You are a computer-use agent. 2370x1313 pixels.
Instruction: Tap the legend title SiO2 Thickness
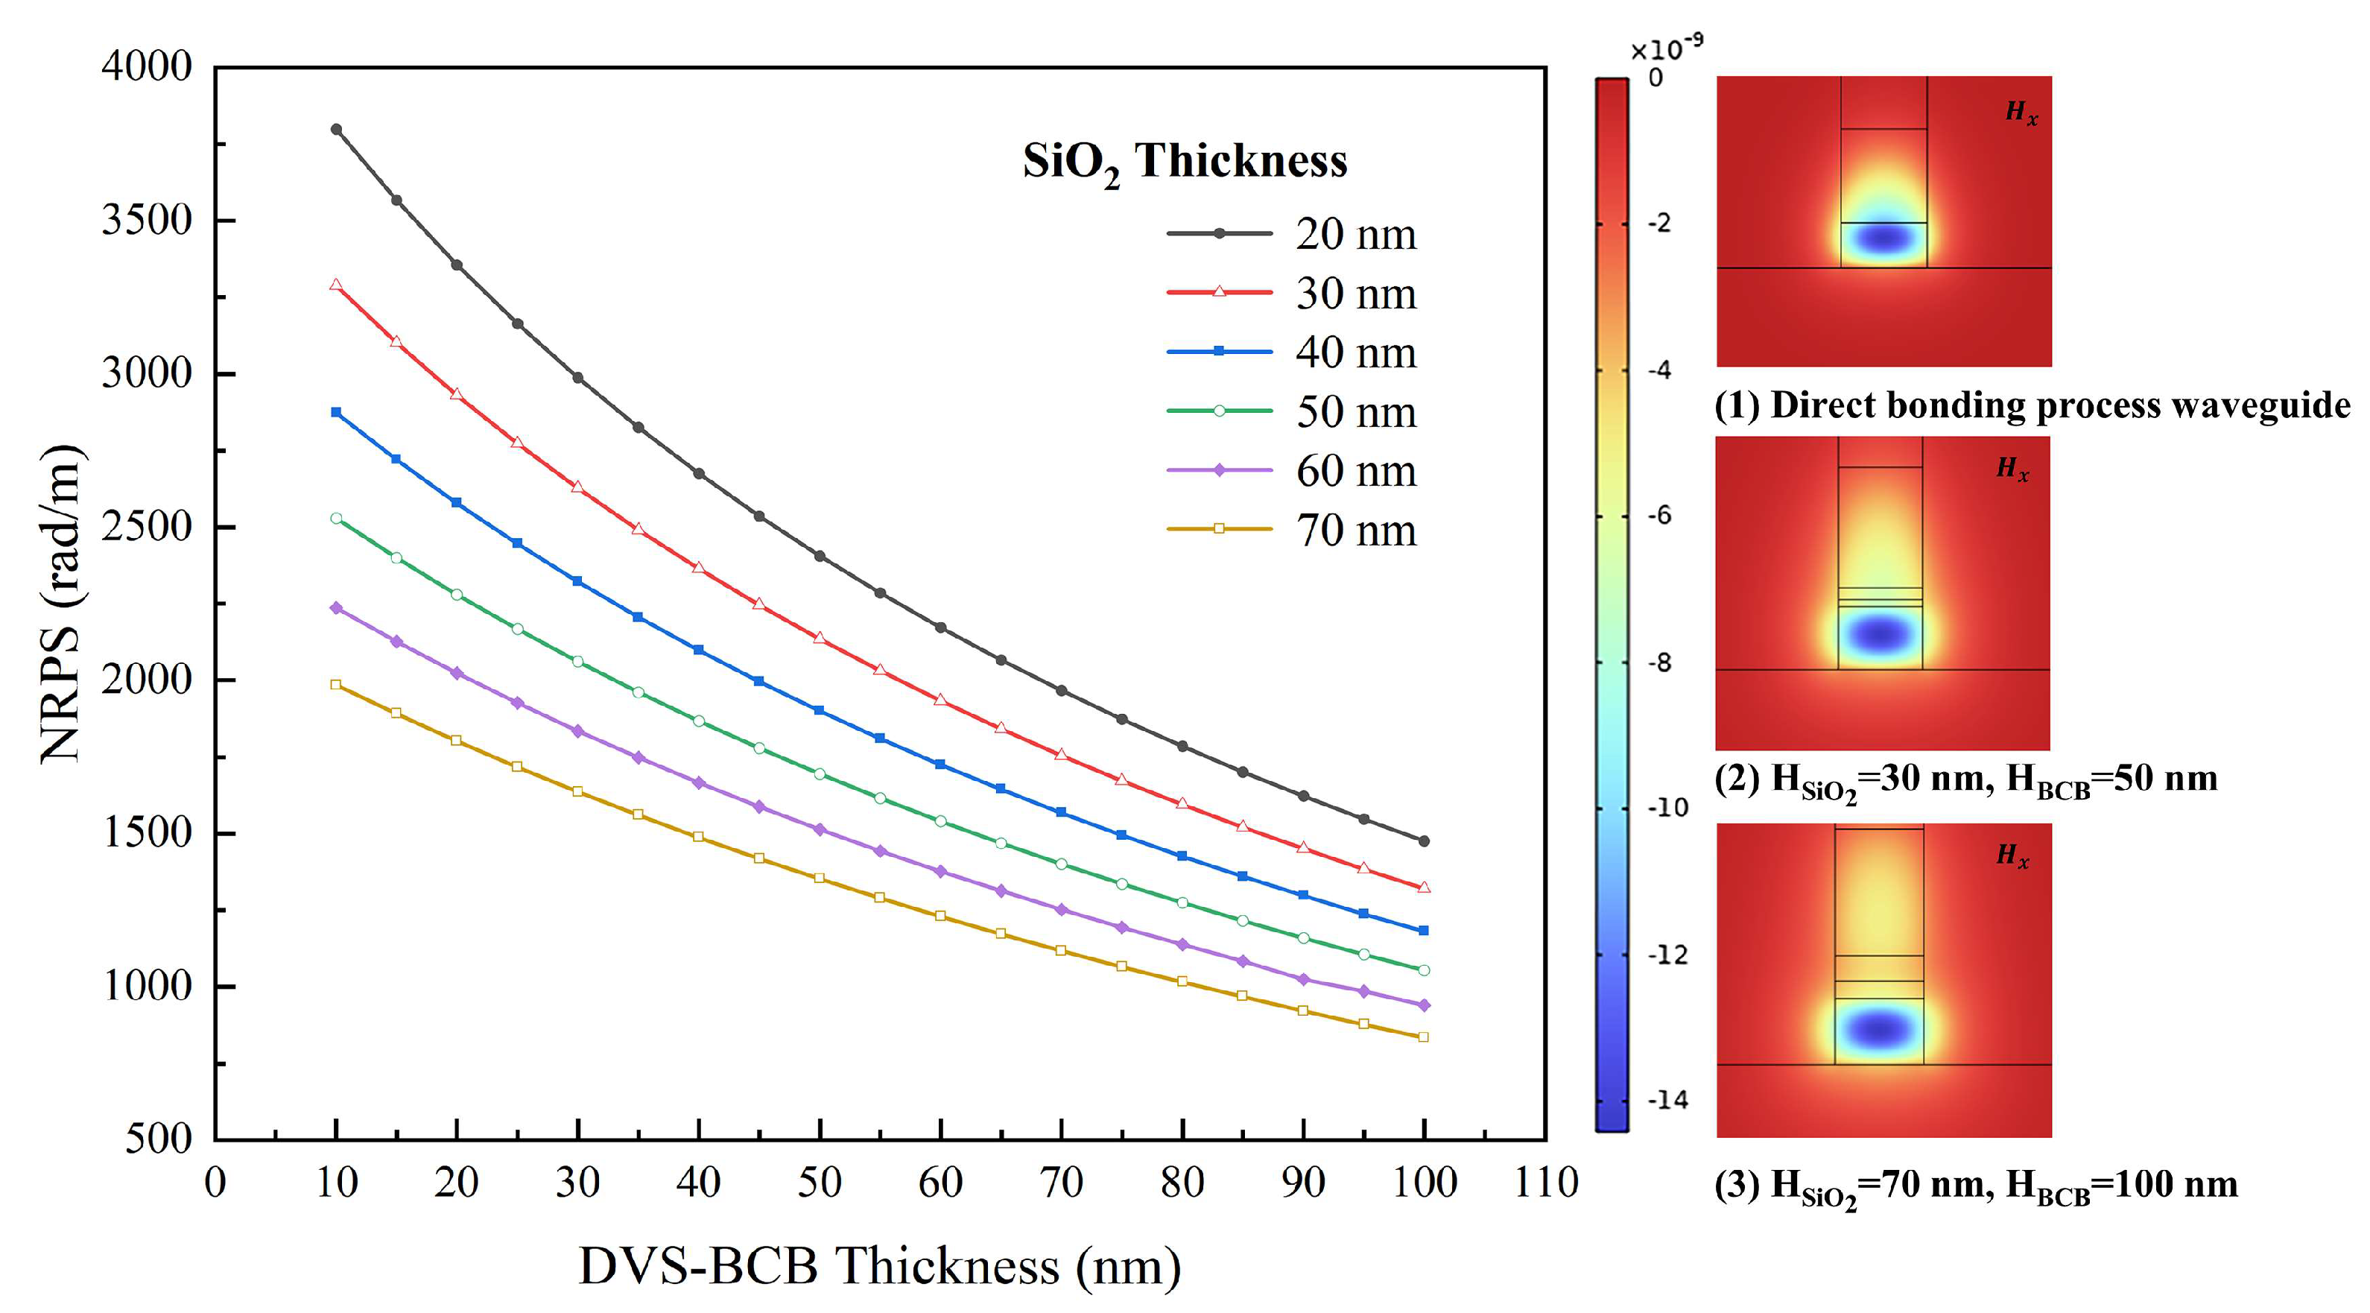[x=1185, y=162]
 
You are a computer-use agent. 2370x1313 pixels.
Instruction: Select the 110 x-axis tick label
[x=1546, y=1183]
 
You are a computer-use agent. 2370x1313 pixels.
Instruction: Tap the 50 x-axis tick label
[x=819, y=1183]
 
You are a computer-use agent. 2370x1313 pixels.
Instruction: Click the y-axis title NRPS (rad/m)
[x=61, y=603]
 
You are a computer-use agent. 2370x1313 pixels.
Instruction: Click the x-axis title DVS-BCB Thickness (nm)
[x=880, y=1266]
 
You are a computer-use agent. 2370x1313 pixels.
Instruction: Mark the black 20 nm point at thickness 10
[x=336, y=130]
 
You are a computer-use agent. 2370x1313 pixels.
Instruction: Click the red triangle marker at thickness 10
[x=336, y=285]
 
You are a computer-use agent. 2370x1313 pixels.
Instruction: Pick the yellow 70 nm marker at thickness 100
[x=1423, y=1037]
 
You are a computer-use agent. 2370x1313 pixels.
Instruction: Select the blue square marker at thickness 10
[x=336, y=412]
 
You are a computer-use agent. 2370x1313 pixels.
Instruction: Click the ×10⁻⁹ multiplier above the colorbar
[x=1666, y=48]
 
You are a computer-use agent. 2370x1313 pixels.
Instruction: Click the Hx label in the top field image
[x=2021, y=113]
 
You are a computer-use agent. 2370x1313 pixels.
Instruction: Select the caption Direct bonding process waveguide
[x=2032, y=406]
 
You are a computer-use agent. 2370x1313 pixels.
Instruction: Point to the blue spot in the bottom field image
[x=1879, y=1028]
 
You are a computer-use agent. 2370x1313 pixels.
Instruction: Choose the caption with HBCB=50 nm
[x=1965, y=780]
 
